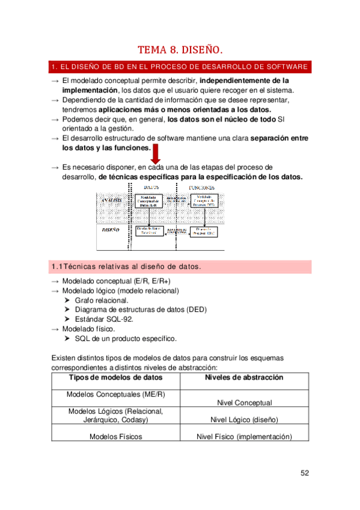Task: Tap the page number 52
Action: pos(305,473)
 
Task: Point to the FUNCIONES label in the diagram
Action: pos(202,188)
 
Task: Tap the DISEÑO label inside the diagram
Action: pos(111,230)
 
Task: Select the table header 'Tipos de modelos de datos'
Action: pos(115,378)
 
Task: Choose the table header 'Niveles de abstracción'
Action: pos(244,378)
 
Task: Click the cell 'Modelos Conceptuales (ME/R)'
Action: pos(115,395)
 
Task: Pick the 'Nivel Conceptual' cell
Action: pos(244,403)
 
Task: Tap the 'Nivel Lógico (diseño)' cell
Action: pos(244,420)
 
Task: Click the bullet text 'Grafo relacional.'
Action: pos(102,300)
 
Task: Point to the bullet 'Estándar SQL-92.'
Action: pos(103,319)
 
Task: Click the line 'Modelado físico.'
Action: pos(89,329)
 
